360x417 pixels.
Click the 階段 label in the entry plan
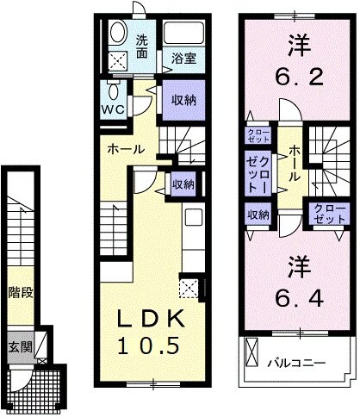(22, 293)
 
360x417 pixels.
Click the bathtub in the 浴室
(183, 35)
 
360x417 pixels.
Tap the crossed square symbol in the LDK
(189, 286)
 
